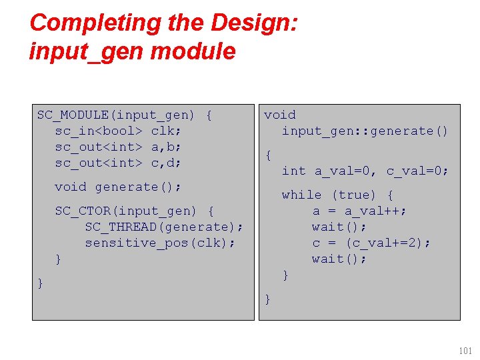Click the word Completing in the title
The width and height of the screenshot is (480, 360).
click(79, 23)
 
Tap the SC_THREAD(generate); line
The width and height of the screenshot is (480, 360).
click(164, 227)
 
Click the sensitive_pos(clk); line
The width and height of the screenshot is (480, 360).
click(160, 243)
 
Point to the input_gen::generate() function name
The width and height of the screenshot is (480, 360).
click(365, 131)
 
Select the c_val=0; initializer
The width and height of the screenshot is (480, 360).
click(417, 171)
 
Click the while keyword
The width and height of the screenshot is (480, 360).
click(301, 195)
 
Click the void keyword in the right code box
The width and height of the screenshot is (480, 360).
click(280, 115)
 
